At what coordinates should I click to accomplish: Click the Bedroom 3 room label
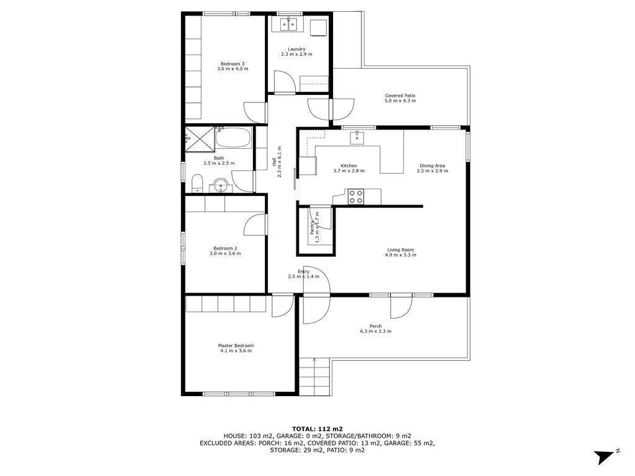coord(233,64)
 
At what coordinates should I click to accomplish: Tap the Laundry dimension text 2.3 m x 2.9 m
coord(297,55)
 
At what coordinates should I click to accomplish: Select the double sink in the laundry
coord(289,24)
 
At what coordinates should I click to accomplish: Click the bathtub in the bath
coord(233,138)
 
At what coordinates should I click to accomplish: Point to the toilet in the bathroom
coord(197,183)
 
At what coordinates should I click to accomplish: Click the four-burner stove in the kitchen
coord(356,196)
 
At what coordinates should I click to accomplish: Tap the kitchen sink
coord(357,137)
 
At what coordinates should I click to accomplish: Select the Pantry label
coord(313,228)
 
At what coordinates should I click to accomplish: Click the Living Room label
coord(401,250)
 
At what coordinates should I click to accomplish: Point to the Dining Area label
coord(432,165)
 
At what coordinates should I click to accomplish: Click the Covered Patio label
coord(400,96)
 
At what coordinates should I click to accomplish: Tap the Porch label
coord(375,326)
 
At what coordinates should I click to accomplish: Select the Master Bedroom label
coord(236,346)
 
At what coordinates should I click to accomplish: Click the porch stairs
coord(316,377)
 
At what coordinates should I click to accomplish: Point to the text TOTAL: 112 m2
coord(317,429)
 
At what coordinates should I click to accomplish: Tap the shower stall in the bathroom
coord(199,139)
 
